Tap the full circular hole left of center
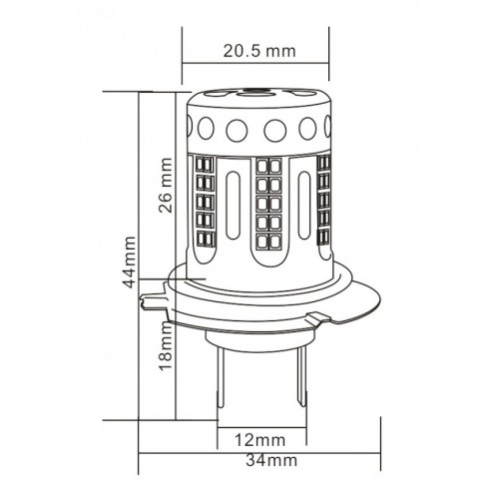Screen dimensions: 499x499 coord(237,130)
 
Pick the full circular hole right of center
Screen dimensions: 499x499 coord(276,130)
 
